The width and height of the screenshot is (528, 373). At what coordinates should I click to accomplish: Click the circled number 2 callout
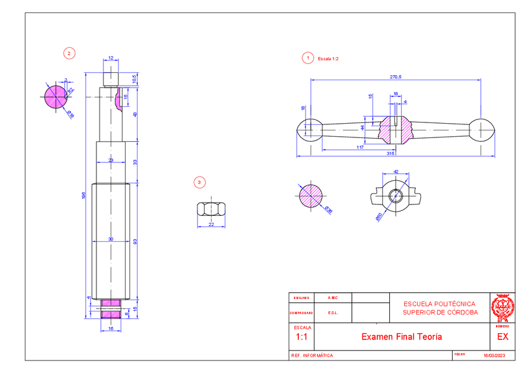pyautogui.click(x=69, y=53)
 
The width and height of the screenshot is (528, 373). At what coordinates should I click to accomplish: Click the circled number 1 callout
pyautogui.click(x=306, y=58)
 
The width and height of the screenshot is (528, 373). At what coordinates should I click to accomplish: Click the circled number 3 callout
pyautogui.click(x=199, y=182)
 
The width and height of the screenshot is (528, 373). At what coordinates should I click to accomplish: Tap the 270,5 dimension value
pyautogui.click(x=395, y=76)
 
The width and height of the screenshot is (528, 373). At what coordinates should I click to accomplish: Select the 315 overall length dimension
pyautogui.click(x=390, y=152)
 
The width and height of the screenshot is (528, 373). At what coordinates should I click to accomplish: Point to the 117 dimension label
pyautogui.click(x=360, y=147)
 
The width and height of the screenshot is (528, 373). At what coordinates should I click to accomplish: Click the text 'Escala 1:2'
pyautogui.click(x=328, y=58)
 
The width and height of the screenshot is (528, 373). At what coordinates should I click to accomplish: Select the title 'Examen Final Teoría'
pyautogui.click(x=402, y=336)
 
